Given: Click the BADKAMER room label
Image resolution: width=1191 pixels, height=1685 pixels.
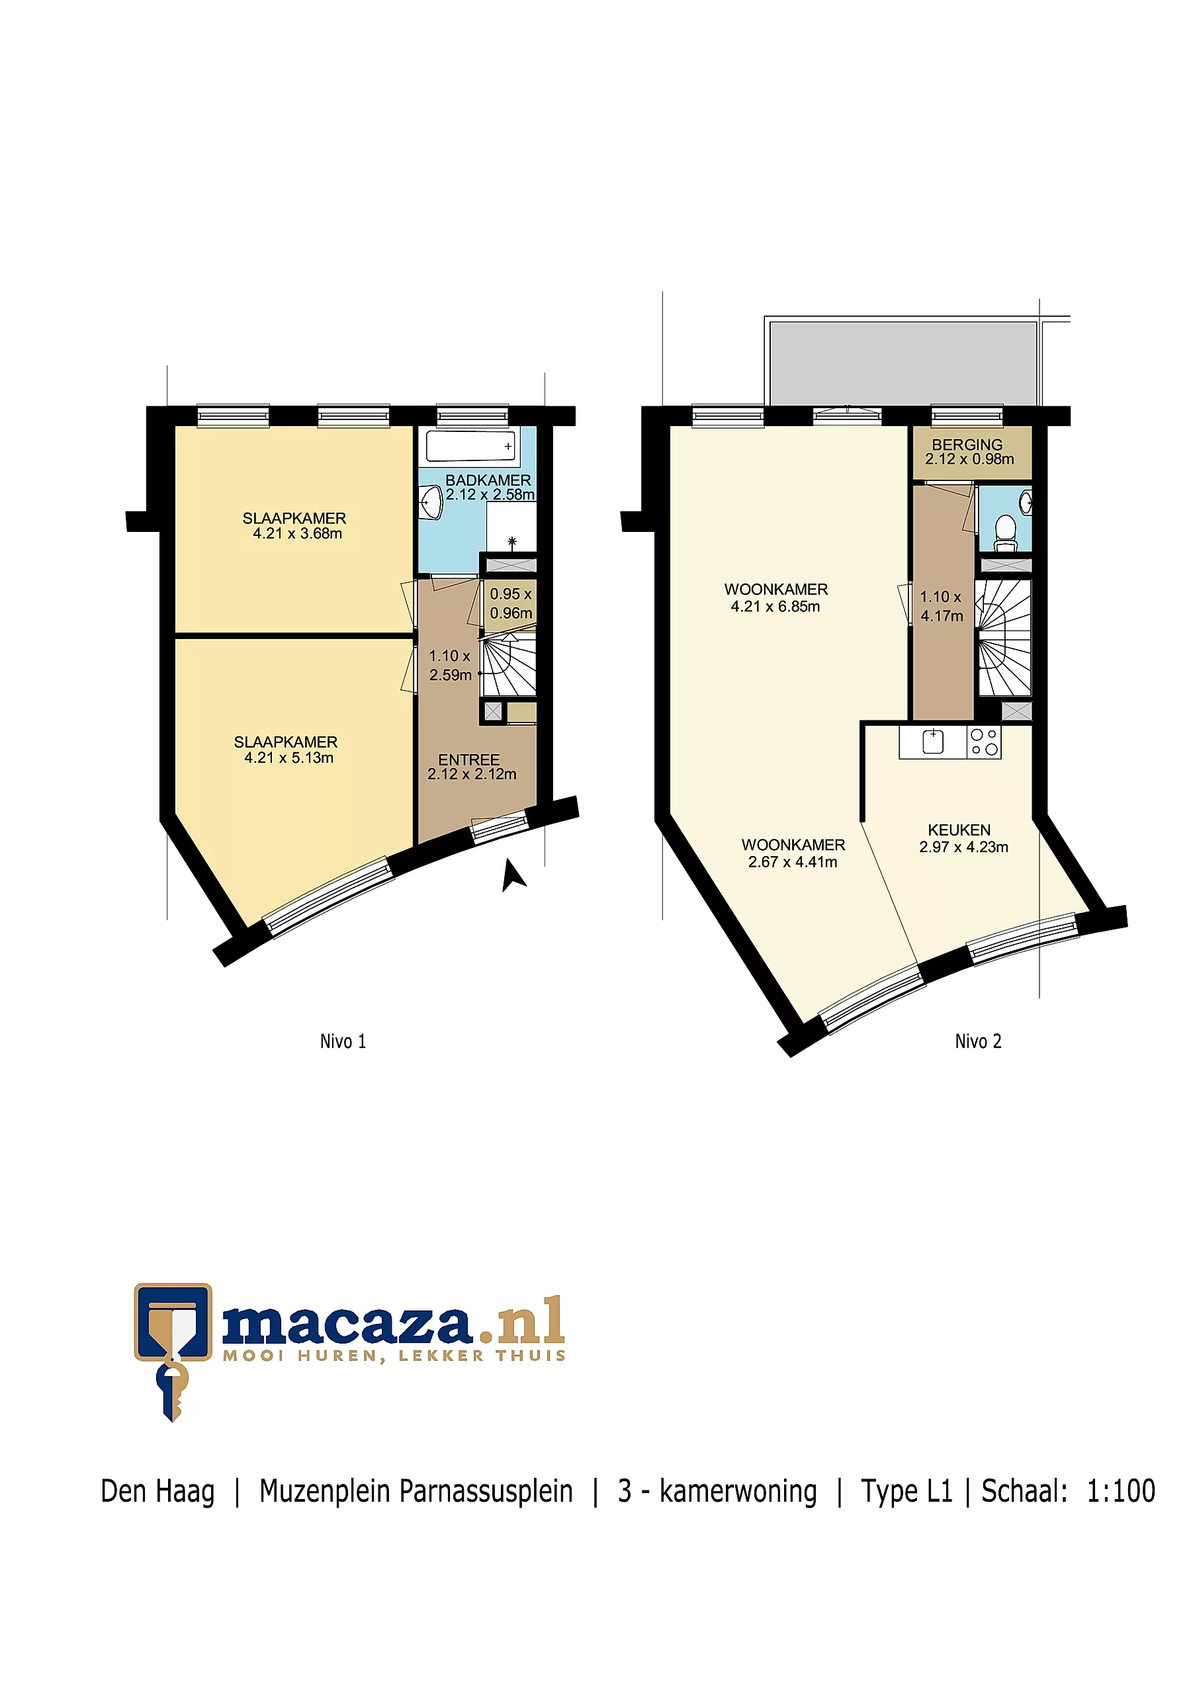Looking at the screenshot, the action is (x=488, y=480).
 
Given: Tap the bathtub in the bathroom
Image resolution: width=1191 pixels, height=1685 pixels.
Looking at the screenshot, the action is (x=470, y=445).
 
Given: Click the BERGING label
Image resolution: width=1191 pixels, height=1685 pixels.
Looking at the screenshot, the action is (x=967, y=445).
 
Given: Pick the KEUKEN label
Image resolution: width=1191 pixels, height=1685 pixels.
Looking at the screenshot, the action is (x=959, y=830).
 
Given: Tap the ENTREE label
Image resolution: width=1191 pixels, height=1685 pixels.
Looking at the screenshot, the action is (x=469, y=759).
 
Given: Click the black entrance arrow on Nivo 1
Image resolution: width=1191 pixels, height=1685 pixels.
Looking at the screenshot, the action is (x=513, y=874).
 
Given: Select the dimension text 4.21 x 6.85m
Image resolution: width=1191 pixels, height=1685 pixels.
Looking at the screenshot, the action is (x=775, y=606).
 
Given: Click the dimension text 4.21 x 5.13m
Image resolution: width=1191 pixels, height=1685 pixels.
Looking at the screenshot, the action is (x=288, y=757).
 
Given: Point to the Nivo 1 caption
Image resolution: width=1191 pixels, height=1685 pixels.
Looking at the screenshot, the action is (x=343, y=1041).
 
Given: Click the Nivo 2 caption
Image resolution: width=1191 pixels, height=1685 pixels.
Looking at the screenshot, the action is (x=977, y=1041).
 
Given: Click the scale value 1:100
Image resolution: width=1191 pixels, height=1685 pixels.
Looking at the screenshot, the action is (x=1121, y=1491).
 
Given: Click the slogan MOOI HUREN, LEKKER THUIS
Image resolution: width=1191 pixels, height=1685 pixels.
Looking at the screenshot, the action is (x=394, y=1356).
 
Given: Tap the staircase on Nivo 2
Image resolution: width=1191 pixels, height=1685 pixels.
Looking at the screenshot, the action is (x=1004, y=637).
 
